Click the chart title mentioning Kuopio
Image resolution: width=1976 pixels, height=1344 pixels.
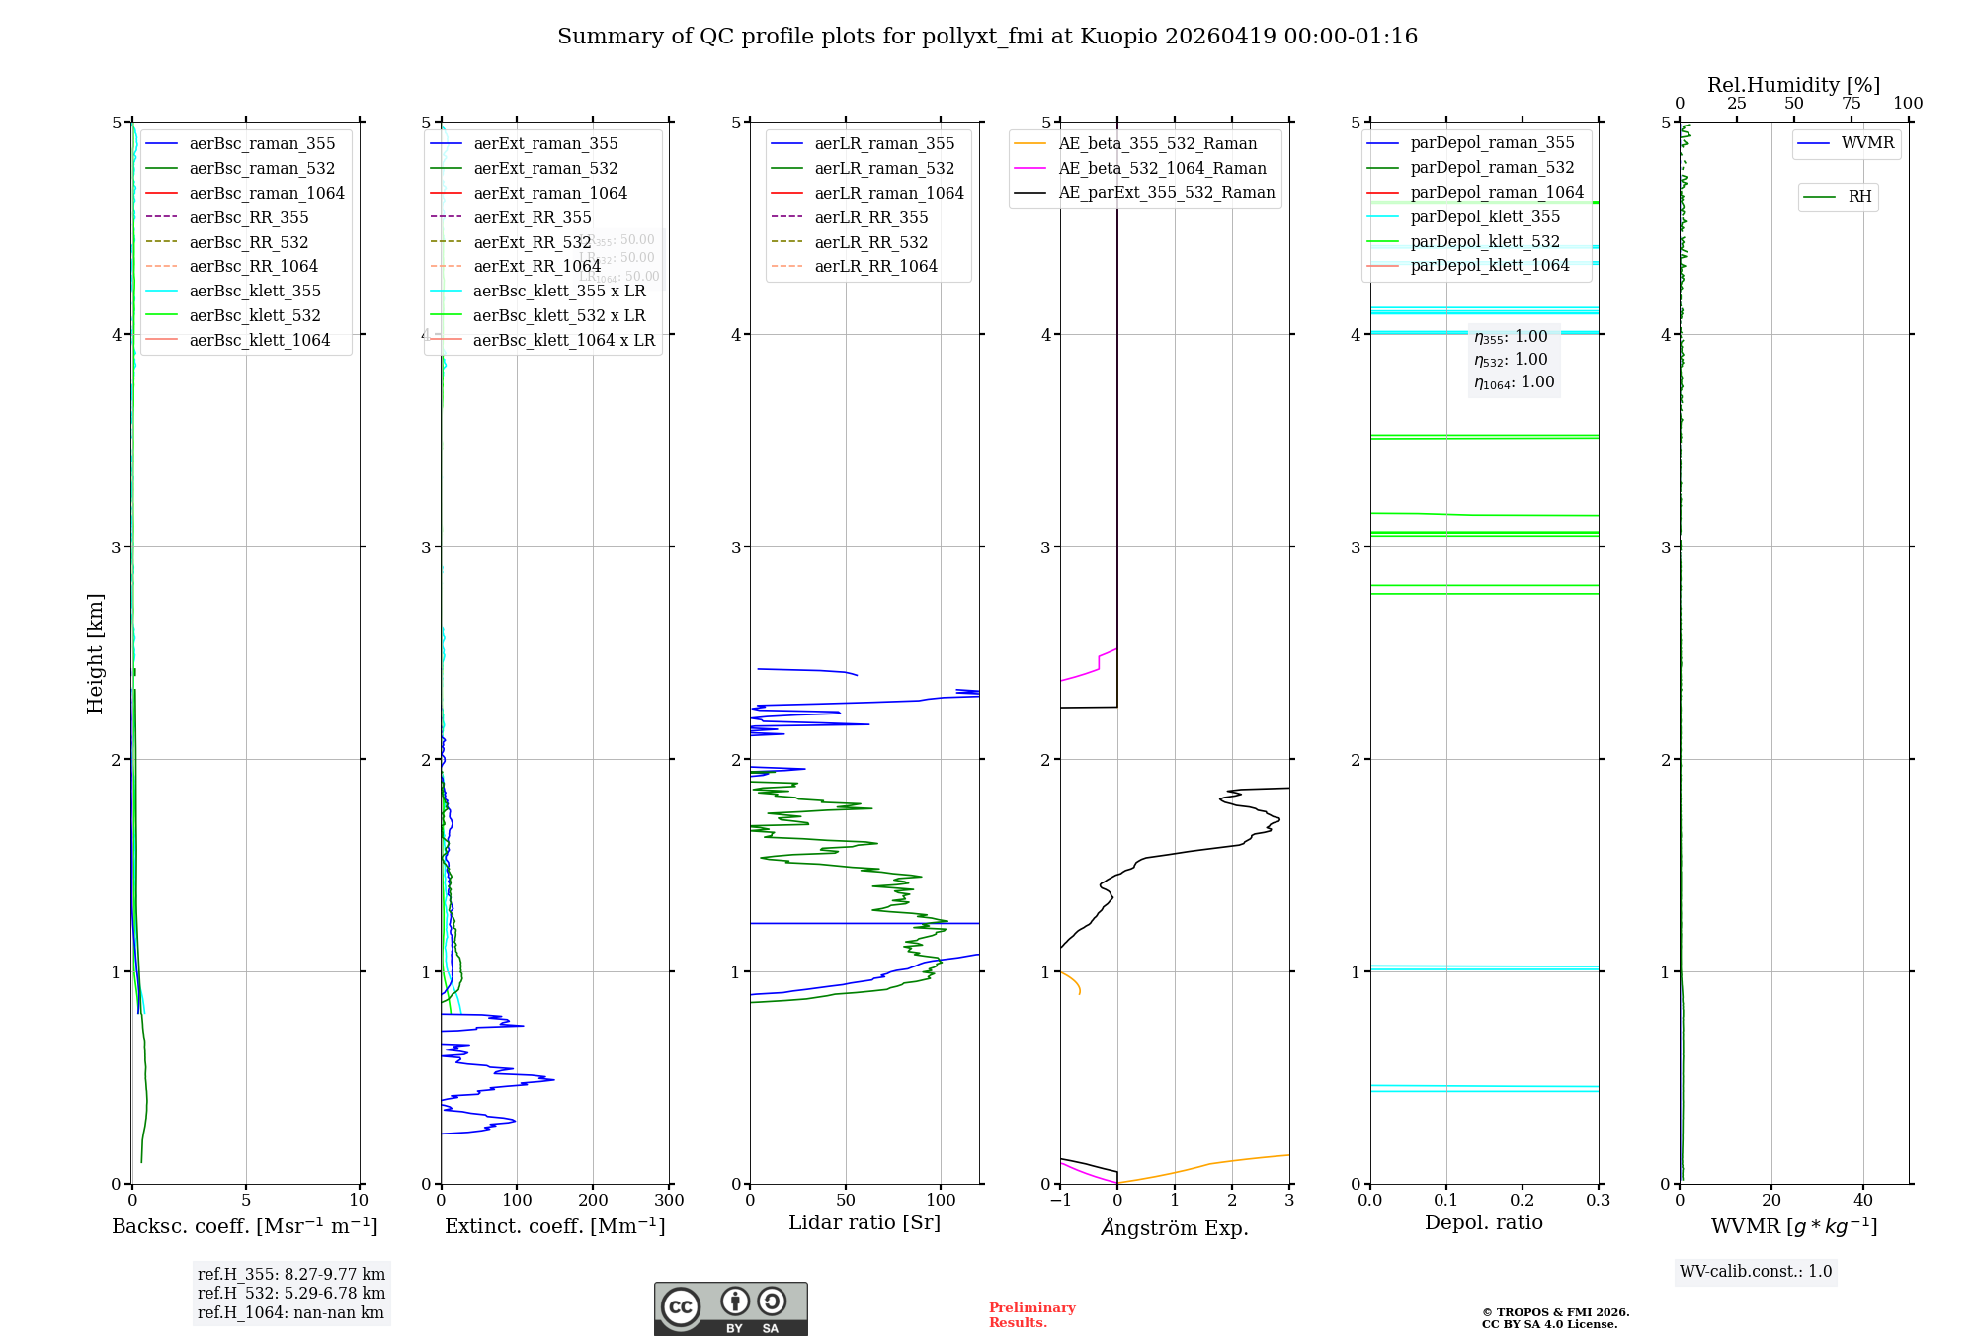987,37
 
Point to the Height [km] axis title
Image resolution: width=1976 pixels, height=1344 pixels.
95,652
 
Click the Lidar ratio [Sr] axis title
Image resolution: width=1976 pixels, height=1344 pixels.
864,1222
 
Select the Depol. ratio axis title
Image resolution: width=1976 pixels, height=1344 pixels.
1483,1222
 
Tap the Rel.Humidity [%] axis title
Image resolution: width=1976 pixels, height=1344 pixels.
1793,85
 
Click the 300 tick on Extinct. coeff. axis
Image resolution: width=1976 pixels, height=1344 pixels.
669,1200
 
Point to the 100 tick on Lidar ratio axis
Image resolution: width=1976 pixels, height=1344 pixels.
941,1200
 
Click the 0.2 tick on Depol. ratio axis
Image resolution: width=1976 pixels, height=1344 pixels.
1523,1200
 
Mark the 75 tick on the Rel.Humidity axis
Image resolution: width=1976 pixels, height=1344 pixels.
1852,104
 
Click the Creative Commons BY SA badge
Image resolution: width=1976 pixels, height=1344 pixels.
730,1308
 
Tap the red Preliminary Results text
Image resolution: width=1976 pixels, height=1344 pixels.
1031,1315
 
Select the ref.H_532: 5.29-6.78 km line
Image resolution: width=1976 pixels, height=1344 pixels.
290,1293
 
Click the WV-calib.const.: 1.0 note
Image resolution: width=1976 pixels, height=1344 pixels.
1756,1272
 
